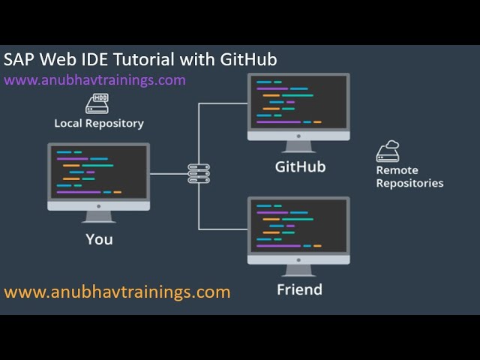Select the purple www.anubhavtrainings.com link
[94, 79]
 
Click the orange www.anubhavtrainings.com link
[117, 292]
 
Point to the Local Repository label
[99, 123]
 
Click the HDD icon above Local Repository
[97, 103]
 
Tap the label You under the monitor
[99, 239]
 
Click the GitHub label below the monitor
[300, 166]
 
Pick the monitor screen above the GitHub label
[298, 103]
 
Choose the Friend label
[299, 289]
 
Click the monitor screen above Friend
[298, 226]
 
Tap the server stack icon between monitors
[199, 174]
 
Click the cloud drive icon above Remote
[388, 151]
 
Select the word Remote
[397, 170]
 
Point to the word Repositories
[409, 183]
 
